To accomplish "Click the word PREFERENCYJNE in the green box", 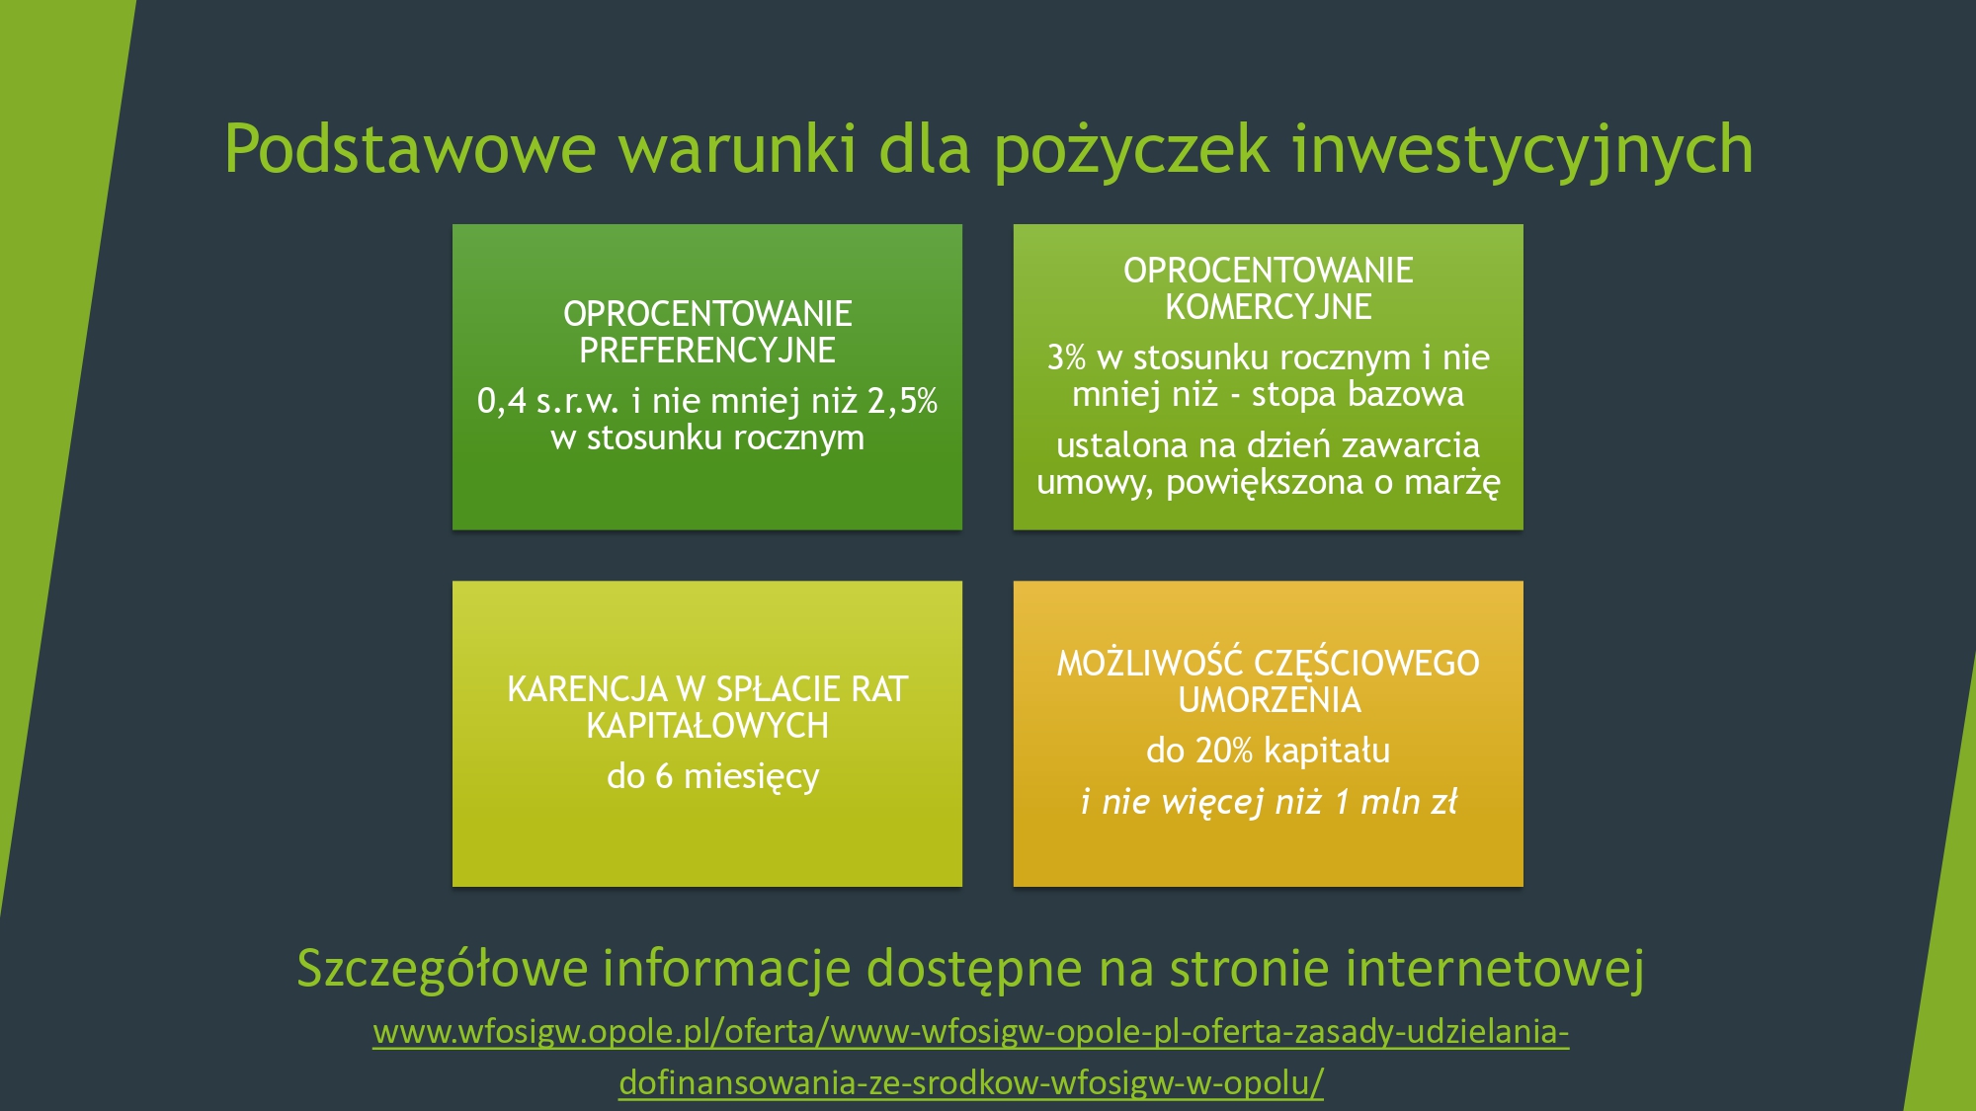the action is pyautogui.click(x=707, y=351).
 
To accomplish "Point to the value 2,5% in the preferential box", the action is pyautogui.click(x=902, y=401).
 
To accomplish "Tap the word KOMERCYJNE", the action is pyautogui.click(x=1269, y=307).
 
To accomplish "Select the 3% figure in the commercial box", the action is pyautogui.click(x=1067, y=357).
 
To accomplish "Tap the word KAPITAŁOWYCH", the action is pyautogui.click(x=707, y=726).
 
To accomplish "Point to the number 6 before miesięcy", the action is pyautogui.click(x=664, y=776).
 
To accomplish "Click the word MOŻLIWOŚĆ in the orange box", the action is pyautogui.click(x=1150, y=663).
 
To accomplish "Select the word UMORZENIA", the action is pyautogui.click(x=1270, y=699).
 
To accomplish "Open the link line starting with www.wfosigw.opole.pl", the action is pyautogui.click(x=971, y=1032).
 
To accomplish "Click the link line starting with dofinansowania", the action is pyautogui.click(x=971, y=1083).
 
